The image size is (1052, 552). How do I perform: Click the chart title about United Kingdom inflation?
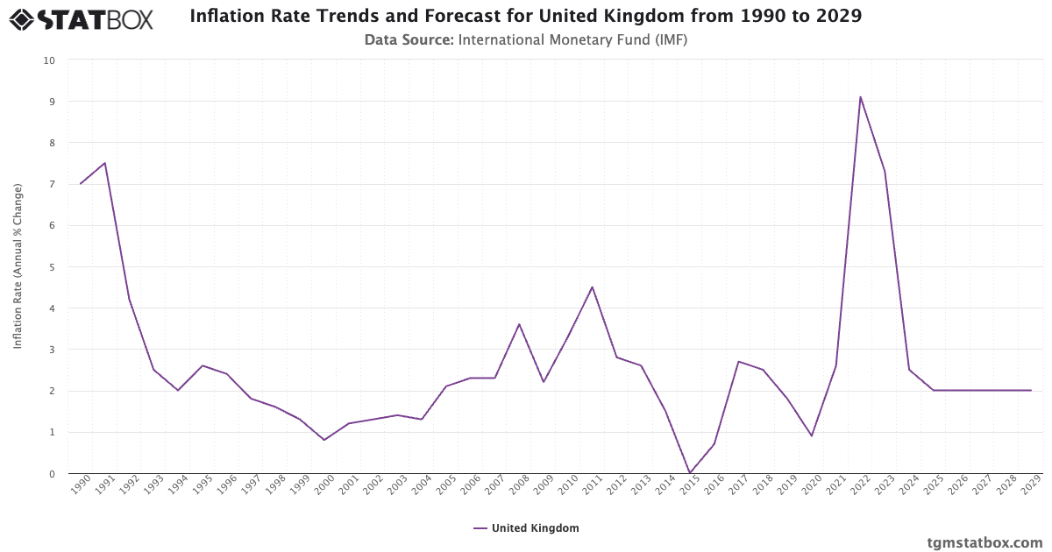[525, 17]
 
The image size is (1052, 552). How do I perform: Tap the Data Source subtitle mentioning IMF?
[525, 39]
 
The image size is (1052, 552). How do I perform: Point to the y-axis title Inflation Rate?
[18, 266]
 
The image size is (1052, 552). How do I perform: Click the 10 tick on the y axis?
[49, 60]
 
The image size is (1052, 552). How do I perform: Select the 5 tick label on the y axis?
[52, 267]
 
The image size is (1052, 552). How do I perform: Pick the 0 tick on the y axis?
[52, 474]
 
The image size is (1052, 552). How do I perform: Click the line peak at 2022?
[860, 96]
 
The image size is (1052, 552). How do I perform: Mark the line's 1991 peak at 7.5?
[105, 163]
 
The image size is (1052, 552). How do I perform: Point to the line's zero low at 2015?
[690, 473]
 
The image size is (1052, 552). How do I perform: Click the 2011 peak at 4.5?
[592, 287]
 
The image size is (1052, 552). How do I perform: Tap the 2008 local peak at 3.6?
[519, 324]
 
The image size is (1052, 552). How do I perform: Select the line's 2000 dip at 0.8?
[324, 440]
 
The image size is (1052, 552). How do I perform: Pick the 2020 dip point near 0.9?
[812, 435]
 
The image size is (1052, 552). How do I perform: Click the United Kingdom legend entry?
[526, 528]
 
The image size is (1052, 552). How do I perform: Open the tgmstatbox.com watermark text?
[984, 542]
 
